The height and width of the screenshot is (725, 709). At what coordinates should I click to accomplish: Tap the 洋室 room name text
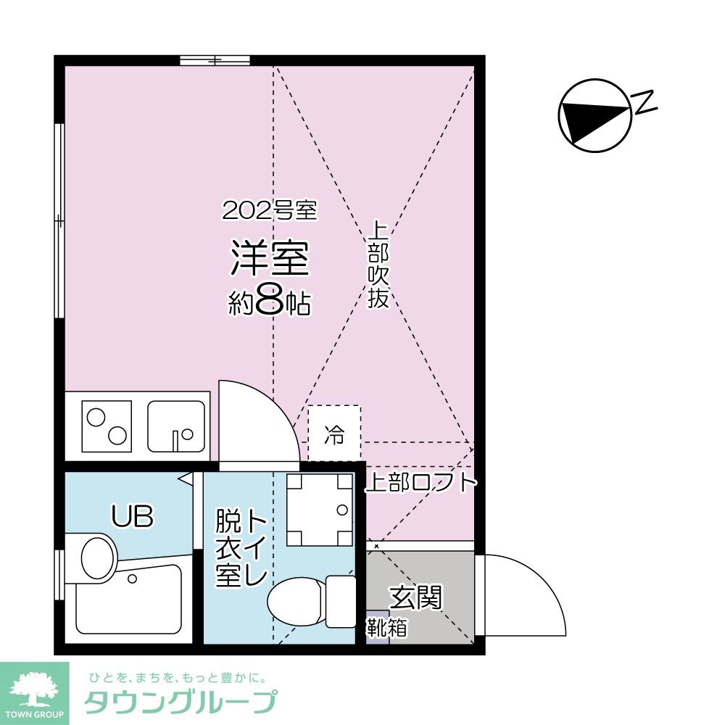coord(270,259)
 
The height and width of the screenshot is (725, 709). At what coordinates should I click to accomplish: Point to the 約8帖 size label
coord(270,303)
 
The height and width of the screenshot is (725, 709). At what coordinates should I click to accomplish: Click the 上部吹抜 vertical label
coord(378,265)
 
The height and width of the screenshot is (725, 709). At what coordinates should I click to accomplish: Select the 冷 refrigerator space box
coord(334,434)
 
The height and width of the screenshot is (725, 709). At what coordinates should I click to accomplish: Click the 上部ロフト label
coord(420,483)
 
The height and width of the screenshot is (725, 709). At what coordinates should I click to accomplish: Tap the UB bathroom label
coord(132,516)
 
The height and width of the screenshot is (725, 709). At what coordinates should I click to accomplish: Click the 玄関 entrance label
coord(415,598)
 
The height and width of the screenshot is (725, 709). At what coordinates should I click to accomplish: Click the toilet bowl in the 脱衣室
coord(297,601)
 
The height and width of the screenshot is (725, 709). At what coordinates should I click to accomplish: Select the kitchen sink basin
coord(175,426)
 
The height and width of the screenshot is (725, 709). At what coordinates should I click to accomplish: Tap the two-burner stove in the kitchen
coord(107,426)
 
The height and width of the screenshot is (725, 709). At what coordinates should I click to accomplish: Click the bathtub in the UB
coord(128,603)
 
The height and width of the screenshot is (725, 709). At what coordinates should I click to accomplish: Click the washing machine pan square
coord(318,510)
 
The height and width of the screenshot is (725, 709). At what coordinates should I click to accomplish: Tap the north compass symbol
coord(594,115)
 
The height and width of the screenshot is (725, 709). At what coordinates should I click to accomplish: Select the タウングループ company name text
coord(181,703)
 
